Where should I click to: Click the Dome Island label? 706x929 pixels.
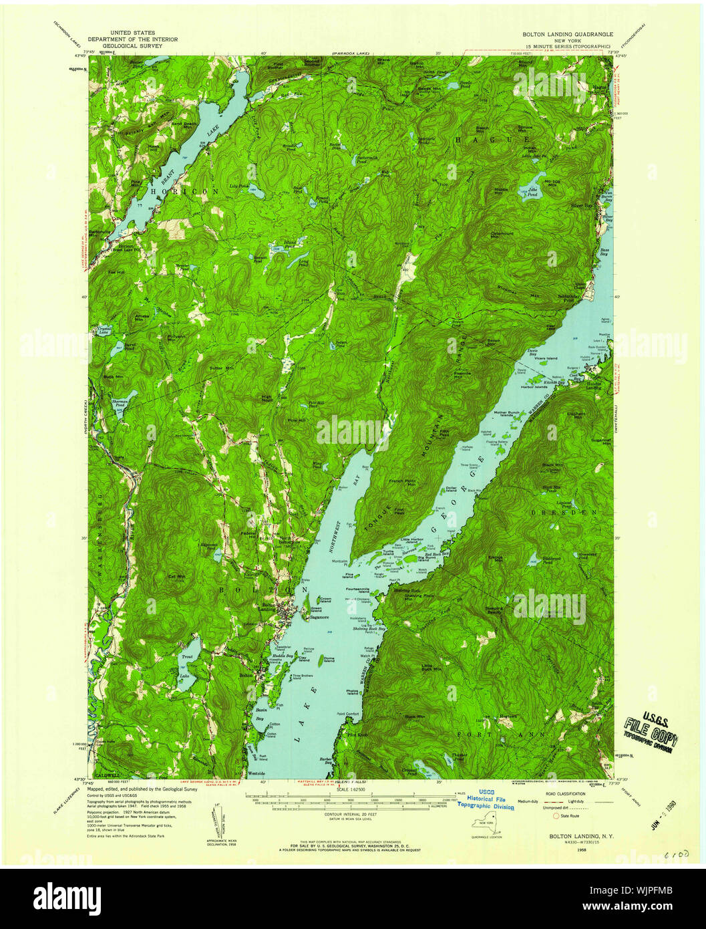coord(329,660)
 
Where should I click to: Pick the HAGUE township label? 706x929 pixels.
coord(478,139)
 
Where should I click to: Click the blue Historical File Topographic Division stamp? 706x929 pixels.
coord(486,799)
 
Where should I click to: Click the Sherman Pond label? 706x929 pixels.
coord(118,402)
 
